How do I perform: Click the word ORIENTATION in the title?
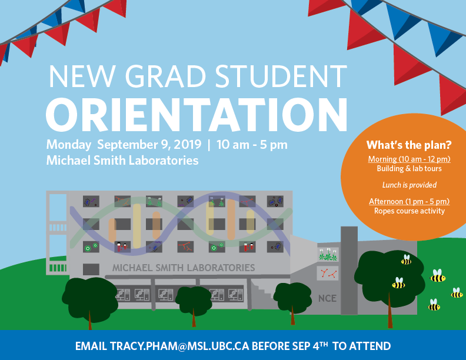[197, 115]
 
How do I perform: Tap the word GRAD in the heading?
[165, 76]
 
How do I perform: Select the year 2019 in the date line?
[188, 145]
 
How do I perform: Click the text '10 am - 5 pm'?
[252, 145]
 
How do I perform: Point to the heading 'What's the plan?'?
[409, 145]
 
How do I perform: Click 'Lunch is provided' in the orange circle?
[410, 185]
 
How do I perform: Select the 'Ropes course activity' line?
[410, 211]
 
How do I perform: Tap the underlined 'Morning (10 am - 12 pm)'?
[410, 159]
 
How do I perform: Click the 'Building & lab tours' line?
[410, 169]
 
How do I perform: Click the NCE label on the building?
[327, 298]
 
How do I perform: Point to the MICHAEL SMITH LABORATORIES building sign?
[184, 268]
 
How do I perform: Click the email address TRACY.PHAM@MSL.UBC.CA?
[179, 346]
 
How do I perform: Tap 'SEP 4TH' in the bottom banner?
[310, 345]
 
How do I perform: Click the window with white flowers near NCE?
[328, 255]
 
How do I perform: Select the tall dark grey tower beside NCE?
[349, 271]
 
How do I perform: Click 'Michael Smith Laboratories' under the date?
[122, 161]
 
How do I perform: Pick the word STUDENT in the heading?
[281, 76]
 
